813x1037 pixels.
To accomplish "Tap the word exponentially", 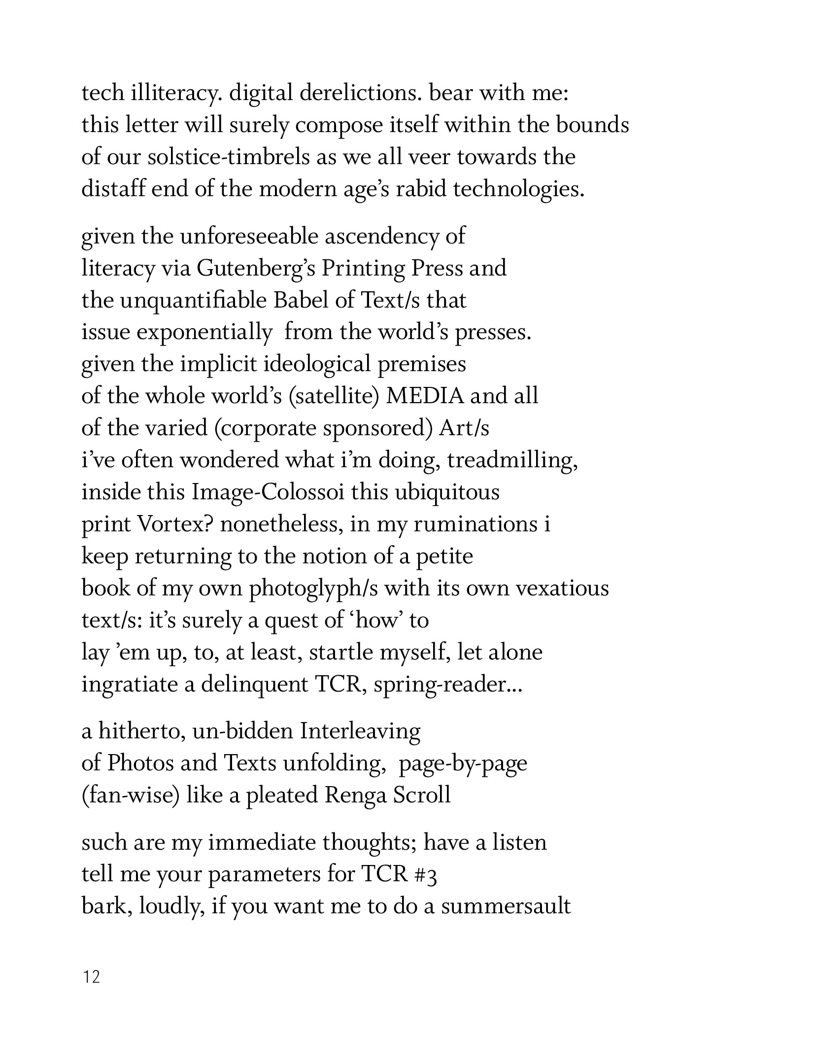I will [203, 333].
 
